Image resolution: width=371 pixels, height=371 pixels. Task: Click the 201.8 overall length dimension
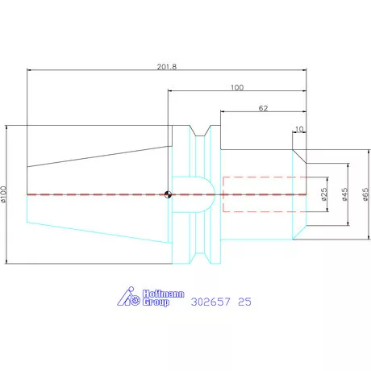[x=167, y=67]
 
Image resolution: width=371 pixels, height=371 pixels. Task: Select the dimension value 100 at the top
[x=237, y=88]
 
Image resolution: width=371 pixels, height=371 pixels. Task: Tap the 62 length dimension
[x=263, y=108]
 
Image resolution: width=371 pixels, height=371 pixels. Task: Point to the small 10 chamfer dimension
[x=299, y=129]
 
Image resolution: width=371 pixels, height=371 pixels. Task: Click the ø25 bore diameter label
[x=324, y=194]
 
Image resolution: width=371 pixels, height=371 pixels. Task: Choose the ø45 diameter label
[x=345, y=194]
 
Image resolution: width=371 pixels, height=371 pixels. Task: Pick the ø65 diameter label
[x=365, y=194]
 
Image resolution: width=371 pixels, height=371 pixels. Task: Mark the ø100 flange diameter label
[x=3, y=194]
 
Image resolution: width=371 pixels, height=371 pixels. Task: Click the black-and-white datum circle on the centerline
[x=168, y=194]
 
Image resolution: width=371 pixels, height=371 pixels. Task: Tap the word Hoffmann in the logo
[x=164, y=294]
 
